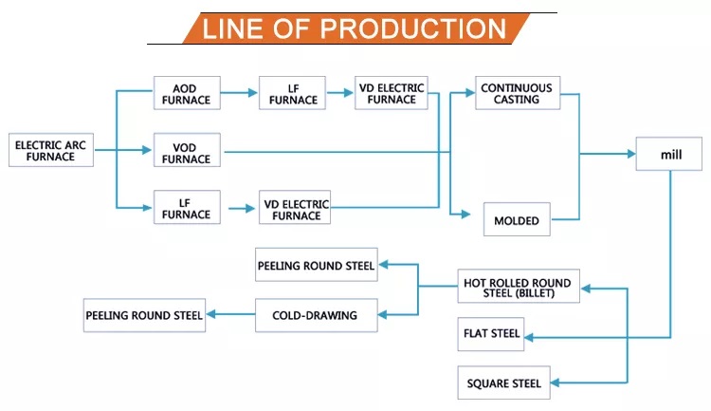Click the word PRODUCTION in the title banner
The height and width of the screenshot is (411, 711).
click(x=413, y=28)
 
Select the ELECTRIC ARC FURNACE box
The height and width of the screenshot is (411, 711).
click(x=51, y=150)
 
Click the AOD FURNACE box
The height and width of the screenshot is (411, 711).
click(x=187, y=93)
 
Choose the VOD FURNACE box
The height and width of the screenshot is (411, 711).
click(x=187, y=150)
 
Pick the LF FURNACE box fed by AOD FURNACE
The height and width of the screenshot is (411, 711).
click(x=293, y=93)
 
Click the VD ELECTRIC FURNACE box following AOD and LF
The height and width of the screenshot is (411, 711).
click(x=392, y=93)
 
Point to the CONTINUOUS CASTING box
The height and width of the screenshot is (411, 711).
click(x=518, y=93)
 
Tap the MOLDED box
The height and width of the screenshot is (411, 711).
click(x=517, y=219)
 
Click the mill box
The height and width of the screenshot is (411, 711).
click(x=669, y=154)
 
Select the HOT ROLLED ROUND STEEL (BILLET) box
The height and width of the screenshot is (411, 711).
click(x=519, y=286)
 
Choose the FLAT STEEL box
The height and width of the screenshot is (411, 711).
click(x=491, y=334)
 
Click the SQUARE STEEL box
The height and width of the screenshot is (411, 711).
click(x=503, y=383)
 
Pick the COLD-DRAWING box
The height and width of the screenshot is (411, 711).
click(x=316, y=315)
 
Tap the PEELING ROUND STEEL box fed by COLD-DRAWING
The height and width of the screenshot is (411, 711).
click(x=144, y=315)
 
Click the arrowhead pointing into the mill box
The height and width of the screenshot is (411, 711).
click(x=631, y=154)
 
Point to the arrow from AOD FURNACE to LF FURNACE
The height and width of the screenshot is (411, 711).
click(x=239, y=93)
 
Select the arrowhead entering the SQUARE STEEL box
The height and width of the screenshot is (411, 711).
click(x=555, y=383)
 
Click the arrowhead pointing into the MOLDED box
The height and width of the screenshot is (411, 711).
click(x=465, y=214)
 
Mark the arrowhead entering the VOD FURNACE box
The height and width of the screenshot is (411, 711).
click(x=146, y=150)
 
